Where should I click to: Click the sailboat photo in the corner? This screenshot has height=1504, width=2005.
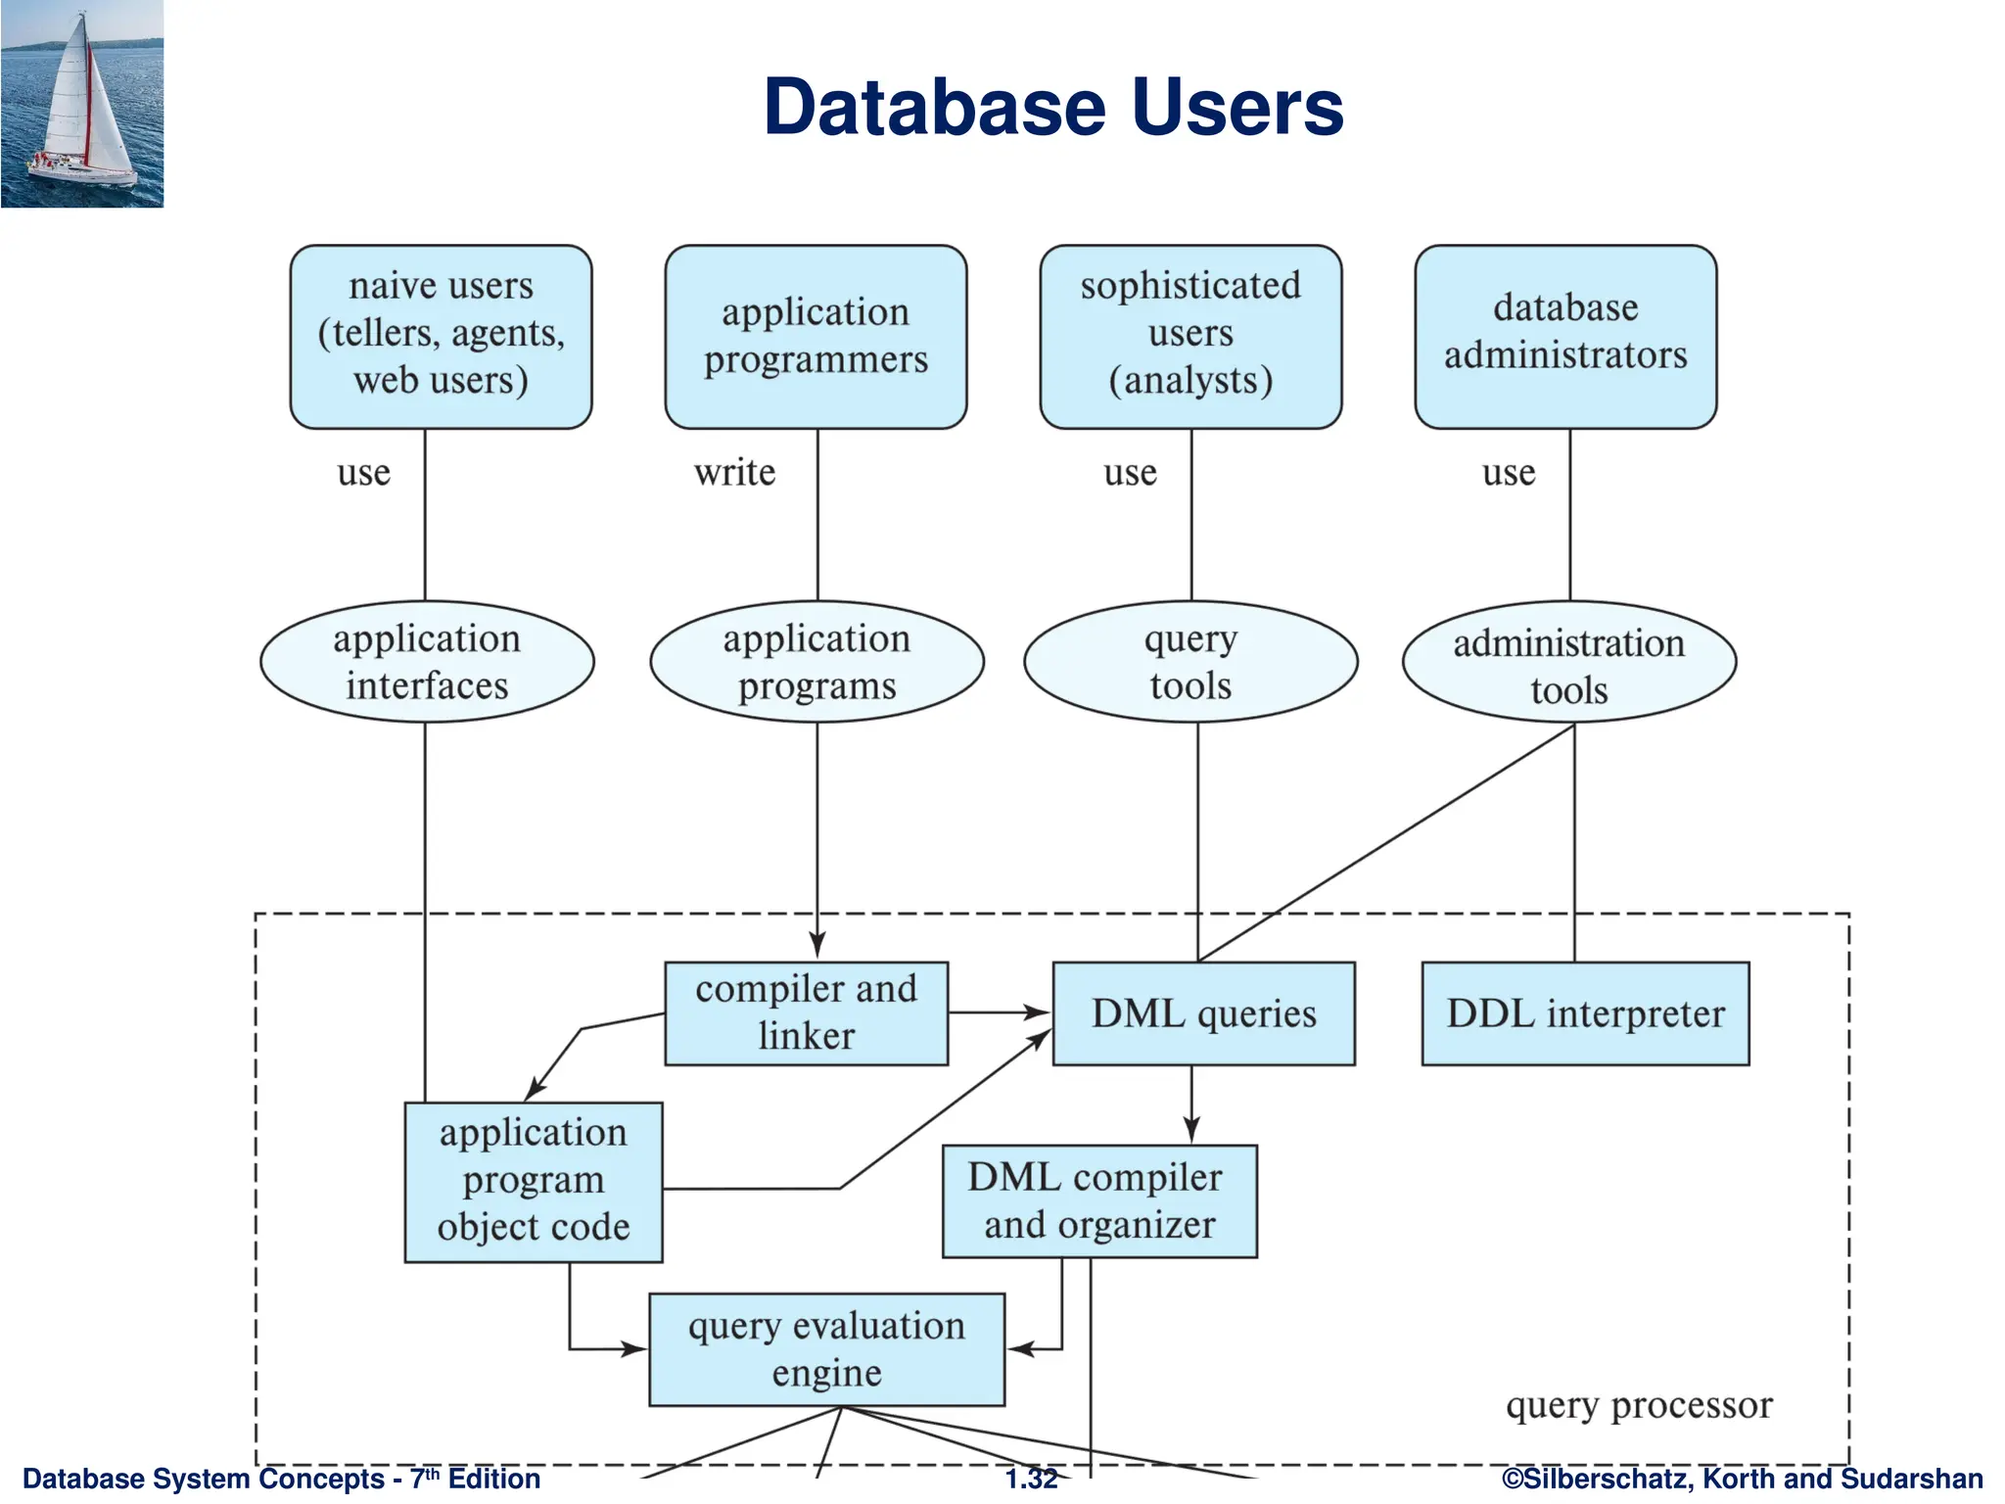[82, 103]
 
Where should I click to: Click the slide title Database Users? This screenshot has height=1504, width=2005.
[1052, 107]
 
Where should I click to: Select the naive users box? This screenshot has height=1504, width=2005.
[441, 336]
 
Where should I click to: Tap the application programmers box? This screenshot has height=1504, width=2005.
[816, 336]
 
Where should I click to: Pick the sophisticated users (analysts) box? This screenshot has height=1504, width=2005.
[1190, 336]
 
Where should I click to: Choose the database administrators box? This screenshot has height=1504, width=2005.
[1565, 336]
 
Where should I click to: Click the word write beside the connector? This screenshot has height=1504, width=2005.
[734, 473]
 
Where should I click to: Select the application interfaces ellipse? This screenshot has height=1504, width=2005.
[427, 662]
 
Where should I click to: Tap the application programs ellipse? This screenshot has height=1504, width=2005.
[816, 662]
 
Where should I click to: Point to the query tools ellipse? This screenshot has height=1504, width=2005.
[1190, 662]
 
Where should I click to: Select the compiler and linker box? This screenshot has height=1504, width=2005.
[806, 1012]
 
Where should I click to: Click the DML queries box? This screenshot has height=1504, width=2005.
[1203, 1013]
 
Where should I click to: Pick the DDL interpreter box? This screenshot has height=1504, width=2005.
[1585, 1013]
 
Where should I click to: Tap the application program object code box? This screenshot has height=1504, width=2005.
[534, 1181]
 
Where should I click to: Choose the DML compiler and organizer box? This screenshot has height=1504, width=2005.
[1098, 1200]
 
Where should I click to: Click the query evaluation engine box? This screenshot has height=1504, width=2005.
[826, 1349]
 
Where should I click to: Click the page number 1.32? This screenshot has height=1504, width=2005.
[1032, 1479]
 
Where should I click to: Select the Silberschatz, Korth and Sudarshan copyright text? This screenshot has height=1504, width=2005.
[1742, 1479]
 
